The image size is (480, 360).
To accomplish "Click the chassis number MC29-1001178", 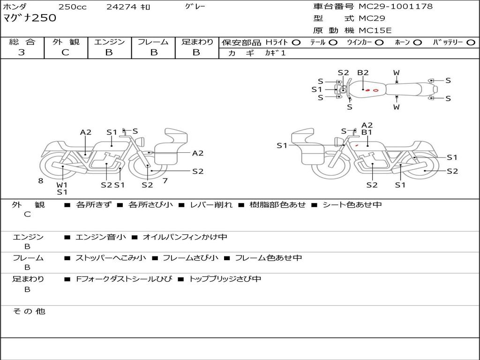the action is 396,7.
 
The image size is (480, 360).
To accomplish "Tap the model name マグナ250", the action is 30,18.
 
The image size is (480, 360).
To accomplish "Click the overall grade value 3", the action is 22,52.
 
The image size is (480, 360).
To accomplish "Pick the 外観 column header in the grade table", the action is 66,42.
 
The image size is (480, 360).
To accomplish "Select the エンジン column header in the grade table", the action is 109,42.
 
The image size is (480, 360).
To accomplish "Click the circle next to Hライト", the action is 296,42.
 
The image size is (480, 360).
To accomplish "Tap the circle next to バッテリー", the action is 471,42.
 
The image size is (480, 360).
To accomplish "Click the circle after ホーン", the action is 417,42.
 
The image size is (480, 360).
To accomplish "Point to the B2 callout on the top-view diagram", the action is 363,73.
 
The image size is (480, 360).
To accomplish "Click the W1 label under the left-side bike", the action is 62,185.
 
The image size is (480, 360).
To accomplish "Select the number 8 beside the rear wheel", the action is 41,180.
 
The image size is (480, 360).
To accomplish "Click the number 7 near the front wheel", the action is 165,180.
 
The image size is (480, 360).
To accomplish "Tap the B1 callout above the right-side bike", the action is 367,132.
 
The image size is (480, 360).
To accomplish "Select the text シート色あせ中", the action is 352,205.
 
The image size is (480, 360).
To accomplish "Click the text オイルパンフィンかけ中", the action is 185,237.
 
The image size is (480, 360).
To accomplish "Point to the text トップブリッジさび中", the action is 225,279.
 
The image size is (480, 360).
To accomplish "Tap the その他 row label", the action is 29,311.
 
